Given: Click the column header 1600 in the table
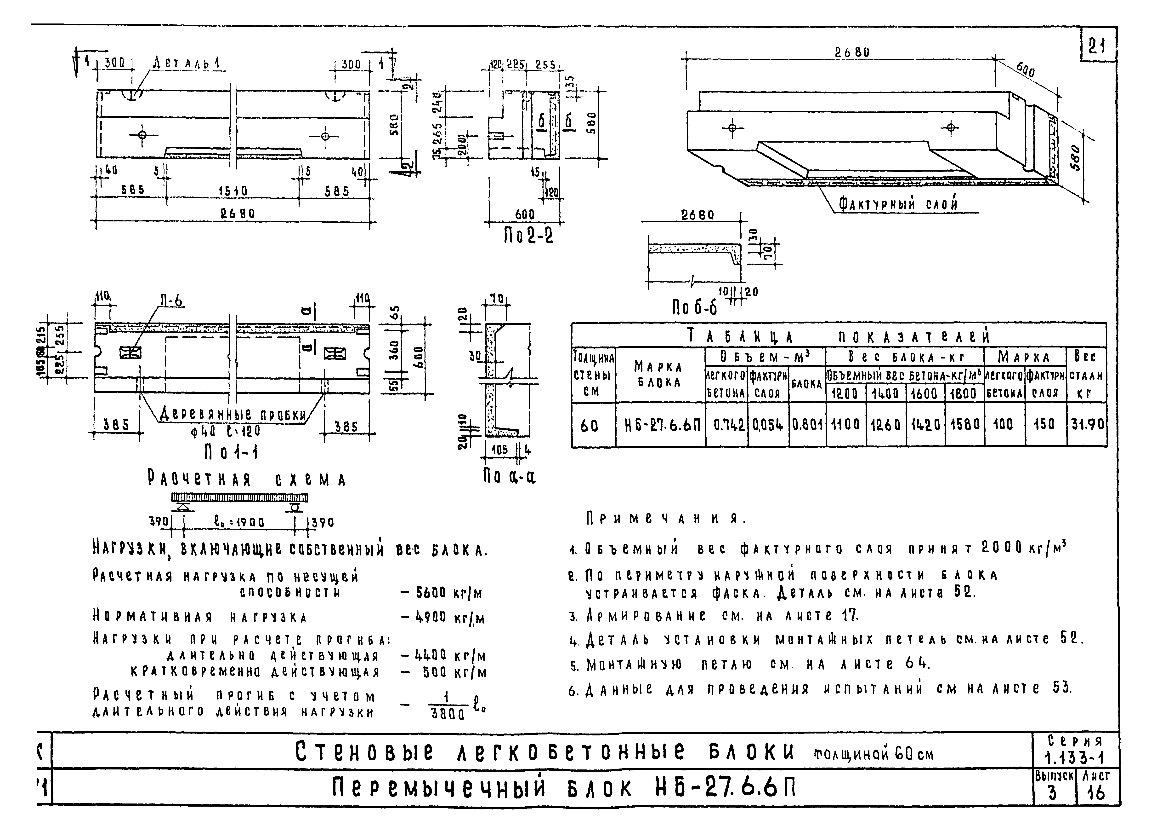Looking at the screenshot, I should [924, 393].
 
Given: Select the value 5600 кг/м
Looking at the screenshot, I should [449, 593].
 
